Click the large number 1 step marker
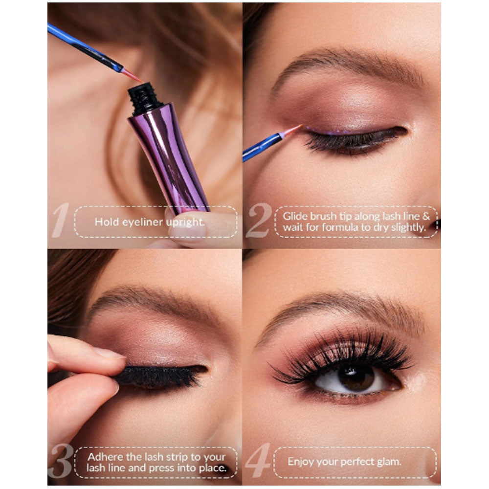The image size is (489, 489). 61,220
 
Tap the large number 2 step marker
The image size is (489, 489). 259,221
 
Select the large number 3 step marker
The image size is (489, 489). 61,461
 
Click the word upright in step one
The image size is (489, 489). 185,222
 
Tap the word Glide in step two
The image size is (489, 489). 295,217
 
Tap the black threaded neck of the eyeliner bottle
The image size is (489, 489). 144,98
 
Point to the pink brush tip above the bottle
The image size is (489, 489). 131,75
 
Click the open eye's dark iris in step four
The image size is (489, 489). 356,378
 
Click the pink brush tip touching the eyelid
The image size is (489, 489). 291,131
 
